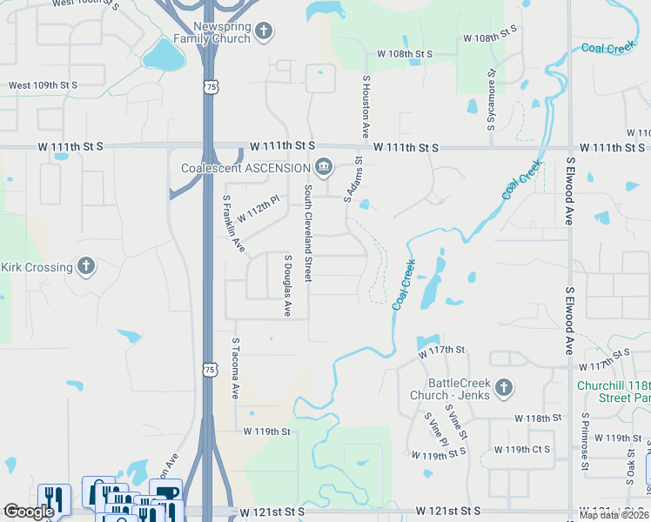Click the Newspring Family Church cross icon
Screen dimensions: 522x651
pyautogui.click(x=265, y=34)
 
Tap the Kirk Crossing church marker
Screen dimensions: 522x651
pyautogui.click(x=85, y=266)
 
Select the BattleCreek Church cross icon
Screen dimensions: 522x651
pyautogui.click(x=503, y=387)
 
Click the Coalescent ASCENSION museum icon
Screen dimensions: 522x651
pyautogui.click(x=324, y=167)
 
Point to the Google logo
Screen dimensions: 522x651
pyautogui.click(x=29, y=512)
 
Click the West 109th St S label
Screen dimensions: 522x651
pyautogui.click(x=43, y=85)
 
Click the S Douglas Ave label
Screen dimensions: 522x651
pyautogui.click(x=288, y=284)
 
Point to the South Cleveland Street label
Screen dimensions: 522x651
pyautogui.click(x=307, y=232)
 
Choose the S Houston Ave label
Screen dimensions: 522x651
pyautogui.click(x=366, y=106)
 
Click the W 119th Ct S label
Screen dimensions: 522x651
pyautogui.click(x=522, y=450)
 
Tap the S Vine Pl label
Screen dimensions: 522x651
pyautogui.click(x=435, y=430)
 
